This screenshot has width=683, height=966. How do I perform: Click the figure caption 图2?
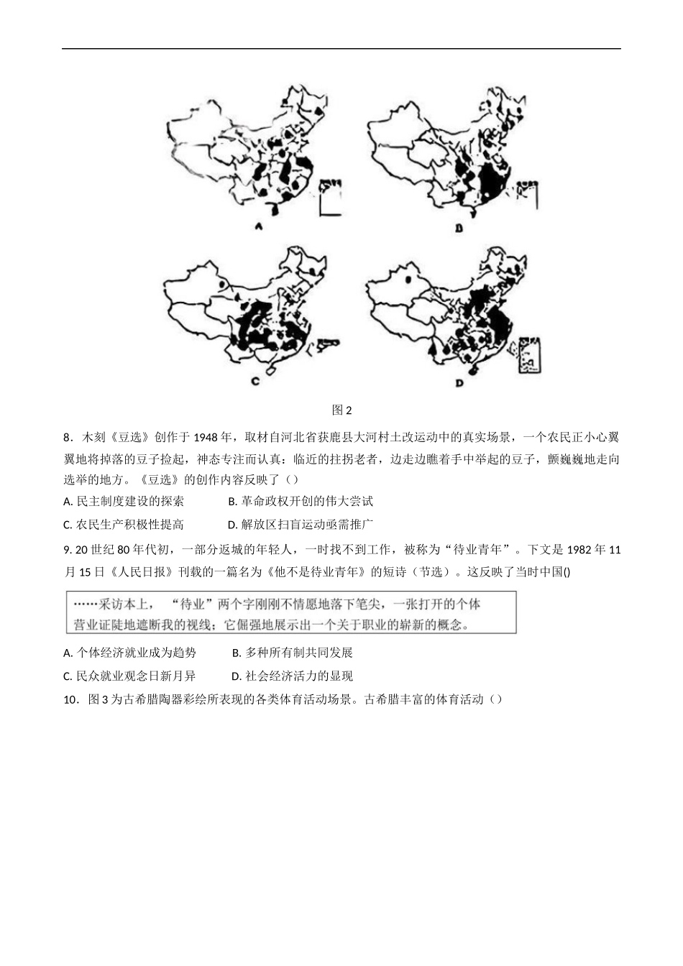(341, 410)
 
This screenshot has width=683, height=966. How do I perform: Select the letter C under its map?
(255, 382)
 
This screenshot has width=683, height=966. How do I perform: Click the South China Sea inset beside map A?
(330, 196)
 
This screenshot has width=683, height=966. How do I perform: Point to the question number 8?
(68, 437)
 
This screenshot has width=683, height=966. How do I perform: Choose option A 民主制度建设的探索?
(124, 502)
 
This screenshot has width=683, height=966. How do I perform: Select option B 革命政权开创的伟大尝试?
(301, 502)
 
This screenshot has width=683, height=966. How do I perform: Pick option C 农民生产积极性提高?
(124, 525)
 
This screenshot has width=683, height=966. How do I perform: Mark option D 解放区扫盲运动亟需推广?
(301, 525)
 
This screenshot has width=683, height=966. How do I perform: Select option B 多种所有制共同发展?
(293, 653)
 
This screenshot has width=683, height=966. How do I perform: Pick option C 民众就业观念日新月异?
(129, 676)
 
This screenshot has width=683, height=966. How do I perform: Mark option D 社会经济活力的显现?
(292, 676)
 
